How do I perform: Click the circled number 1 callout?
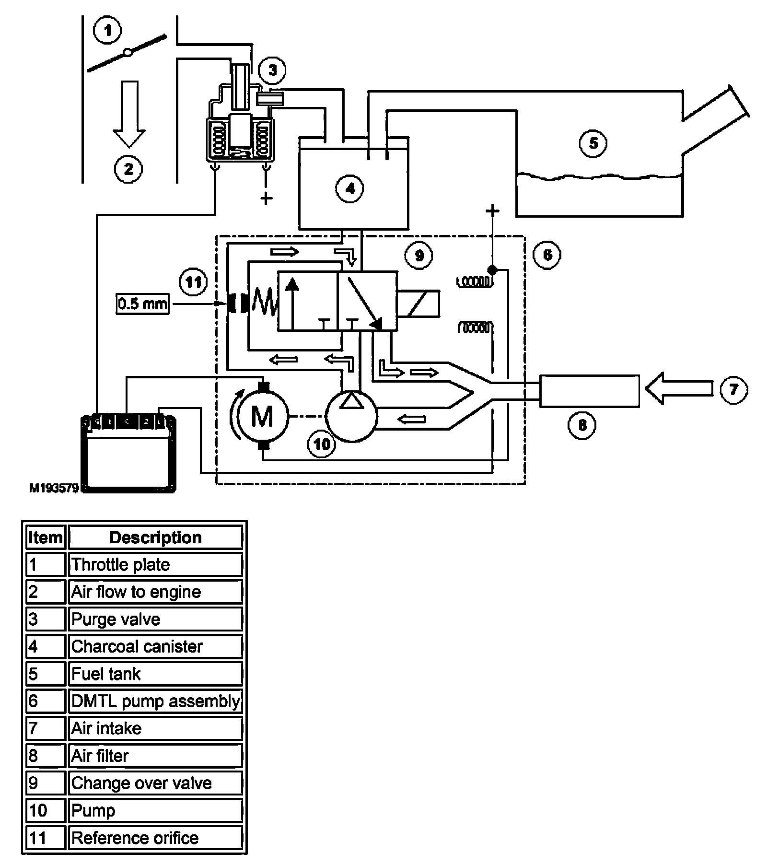click(x=108, y=31)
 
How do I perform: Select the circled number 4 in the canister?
click(x=350, y=189)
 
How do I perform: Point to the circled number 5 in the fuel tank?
click(x=593, y=143)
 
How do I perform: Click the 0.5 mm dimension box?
click(x=142, y=304)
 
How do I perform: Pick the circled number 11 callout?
click(x=193, y=282)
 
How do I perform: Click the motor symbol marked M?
click(x=262, y=416)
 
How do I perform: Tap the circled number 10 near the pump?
click(x=322, y=444)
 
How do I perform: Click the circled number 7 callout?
click(x=733, y=389)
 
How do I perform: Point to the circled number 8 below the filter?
click(x=582, y=425)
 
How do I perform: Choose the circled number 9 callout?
click(x=418, y=256)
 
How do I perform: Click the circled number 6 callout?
click(x=547, y=255)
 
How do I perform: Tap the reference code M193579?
click(x=54, y=489)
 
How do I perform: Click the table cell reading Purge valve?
click(x=155, y=619)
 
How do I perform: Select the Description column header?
click(x=155, y=537)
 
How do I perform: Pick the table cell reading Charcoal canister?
click(x=155, y=646)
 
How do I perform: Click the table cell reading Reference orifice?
click(x=155, y=838)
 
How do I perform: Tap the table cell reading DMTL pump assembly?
click(x=155, y=701)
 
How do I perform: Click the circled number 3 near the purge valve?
click(x=272, y=71)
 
